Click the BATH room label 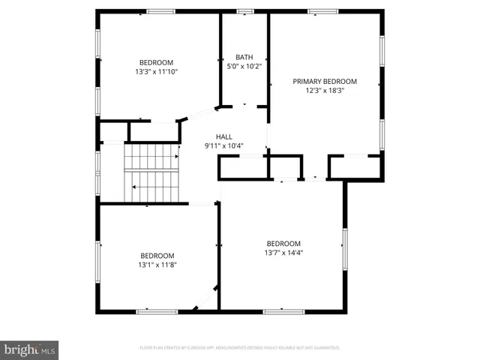244,57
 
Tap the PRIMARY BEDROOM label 325,81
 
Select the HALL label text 224,136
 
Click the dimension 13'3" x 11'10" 156,72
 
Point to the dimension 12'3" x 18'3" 325,91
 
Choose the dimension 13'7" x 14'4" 283,253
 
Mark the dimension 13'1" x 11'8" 157,264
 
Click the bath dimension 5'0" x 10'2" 244,66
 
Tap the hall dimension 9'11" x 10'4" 224,145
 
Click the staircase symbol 151,172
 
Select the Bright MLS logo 29,349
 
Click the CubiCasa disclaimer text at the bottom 240,348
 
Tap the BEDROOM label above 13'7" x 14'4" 283,243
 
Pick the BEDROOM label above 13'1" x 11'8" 157,255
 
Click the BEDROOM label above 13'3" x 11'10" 156,62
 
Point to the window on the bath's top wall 244,11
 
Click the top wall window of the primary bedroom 322,11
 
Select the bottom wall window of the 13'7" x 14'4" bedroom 283,310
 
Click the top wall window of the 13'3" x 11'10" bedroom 160,11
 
